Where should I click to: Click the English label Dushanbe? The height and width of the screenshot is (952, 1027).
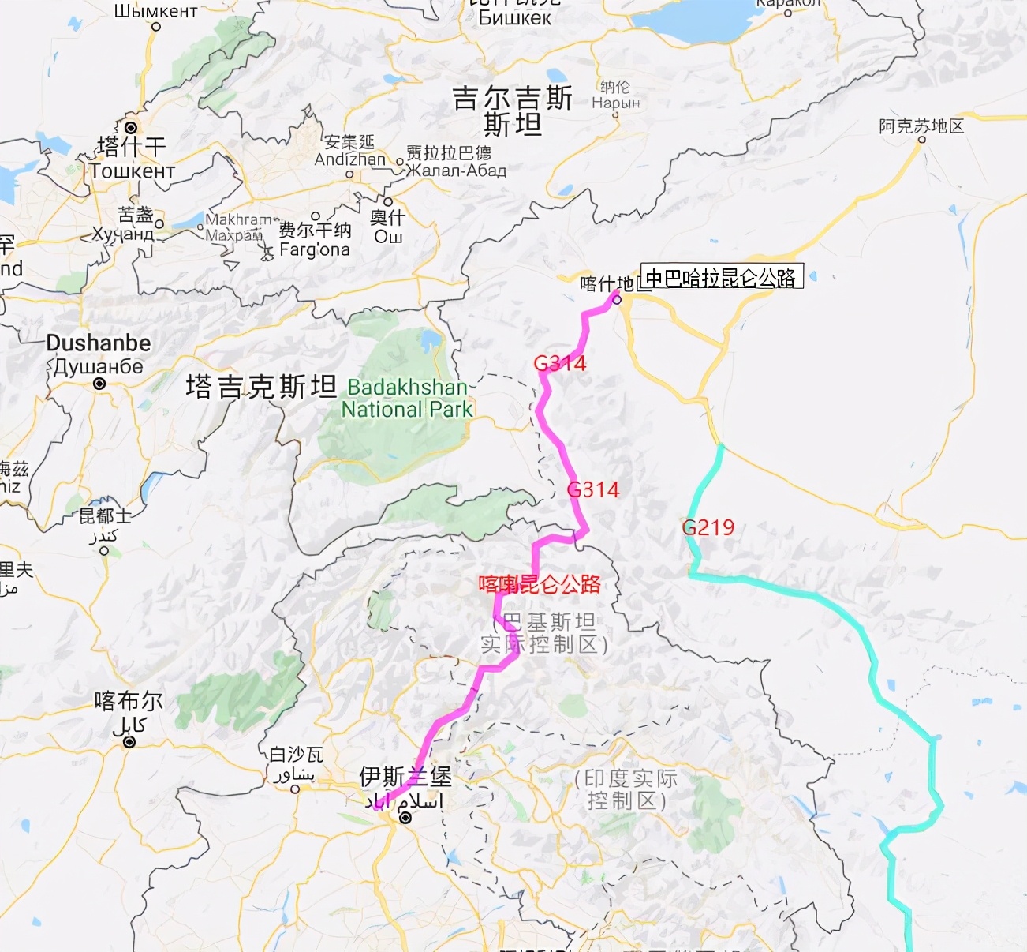pyautogui.click(x=99, y=343)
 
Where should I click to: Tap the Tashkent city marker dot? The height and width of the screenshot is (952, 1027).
pyautogui.click(x=131, y=128)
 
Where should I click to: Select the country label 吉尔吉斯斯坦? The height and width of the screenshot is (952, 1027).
pyautogui.click(x=513, y=111)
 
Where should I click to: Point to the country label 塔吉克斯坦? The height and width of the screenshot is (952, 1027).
pyautogui.click(x=261, y=387)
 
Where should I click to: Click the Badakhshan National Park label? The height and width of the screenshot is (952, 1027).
pyautogui.click(x=407, y=398)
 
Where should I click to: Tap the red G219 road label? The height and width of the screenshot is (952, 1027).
pyautogui.click(x=708, y=527)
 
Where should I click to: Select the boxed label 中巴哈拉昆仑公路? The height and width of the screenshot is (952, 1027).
pyautogui.click(x=721, y=277)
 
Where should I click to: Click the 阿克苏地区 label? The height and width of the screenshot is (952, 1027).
pyautogui.click(x=921, y=126)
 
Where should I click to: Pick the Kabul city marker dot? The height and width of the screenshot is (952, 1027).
pyautogui.click(x=129, y=742)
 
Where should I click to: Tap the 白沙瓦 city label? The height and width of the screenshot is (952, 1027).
pyautogui.click(x=296, y=755)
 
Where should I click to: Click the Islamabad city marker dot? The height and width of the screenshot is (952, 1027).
pyautogui.click(x=405, y=818)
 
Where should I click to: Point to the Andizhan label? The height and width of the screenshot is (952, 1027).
pyautogui.click(x=349, y=159)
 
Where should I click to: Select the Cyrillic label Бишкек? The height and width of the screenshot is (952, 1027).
pyautogui.click(x=514, y=17)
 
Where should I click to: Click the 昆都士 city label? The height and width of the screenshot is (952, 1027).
pyautogui.click(x=105, y=516)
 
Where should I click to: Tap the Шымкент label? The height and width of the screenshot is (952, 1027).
pyautogui.click(x=155, y=10)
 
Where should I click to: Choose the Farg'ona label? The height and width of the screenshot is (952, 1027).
pyautogui.click(x=314, y=250)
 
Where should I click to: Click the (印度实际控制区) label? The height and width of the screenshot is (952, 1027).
pyautogui.click(x=626, y=789)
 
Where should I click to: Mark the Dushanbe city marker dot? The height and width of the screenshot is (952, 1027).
pyautogui.click(x=99, y=384)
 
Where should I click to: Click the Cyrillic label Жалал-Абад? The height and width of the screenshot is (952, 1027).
pyautogui.click(x=457, y=170)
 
